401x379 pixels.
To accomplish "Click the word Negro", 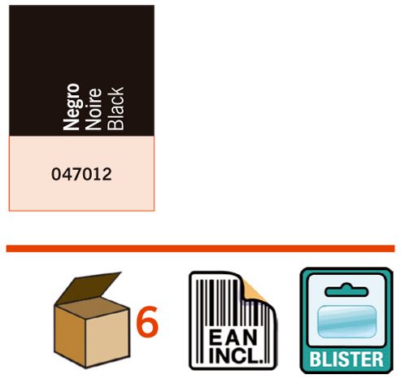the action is pos(72,107).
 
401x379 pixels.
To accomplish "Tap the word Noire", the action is pos(94,109).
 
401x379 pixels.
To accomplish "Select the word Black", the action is pos(116,108).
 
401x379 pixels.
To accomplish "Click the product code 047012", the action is pos(81,174).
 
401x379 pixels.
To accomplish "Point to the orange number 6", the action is pos(147,322).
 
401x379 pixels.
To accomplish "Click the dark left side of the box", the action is pos(70,335).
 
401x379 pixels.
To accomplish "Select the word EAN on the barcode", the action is pos(233,338).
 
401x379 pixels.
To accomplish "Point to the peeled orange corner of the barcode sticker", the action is pos(255,291).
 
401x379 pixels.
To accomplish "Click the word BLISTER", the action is pos(347,359).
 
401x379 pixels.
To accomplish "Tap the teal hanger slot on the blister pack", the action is pos(347,290).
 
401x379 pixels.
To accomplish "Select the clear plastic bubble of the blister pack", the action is pos(347,321).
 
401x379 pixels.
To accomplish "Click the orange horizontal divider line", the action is pos(200,248).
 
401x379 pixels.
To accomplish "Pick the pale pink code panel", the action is pos(81,173).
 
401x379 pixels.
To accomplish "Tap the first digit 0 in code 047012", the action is pos(56,174).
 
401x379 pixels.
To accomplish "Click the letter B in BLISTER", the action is pos(315,359).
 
